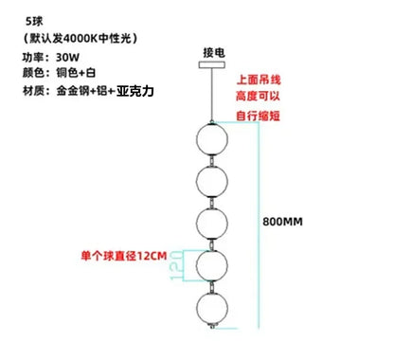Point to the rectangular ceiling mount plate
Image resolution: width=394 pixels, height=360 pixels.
(212, 64)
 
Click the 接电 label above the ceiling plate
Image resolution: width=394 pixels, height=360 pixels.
(214, 52)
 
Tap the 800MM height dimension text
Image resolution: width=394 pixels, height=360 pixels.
(282, 222)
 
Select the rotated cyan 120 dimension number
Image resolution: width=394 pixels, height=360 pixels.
(176, 265)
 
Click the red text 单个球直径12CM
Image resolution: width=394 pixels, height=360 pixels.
(124, 256)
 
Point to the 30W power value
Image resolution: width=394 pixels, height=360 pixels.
(67, 58)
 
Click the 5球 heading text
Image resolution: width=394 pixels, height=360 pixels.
(34, 22)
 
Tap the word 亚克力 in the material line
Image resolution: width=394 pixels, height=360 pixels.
(135, 91)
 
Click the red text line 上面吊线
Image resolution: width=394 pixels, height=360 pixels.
(259, 80)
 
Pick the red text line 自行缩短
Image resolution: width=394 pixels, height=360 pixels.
(259, 116)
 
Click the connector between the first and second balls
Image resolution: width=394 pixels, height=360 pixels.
(212, 160)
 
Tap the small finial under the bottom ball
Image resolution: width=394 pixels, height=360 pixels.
(212, 326)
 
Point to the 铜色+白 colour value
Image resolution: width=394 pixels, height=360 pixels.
(76, 73)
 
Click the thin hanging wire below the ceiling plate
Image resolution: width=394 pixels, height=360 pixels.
(211, 95)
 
